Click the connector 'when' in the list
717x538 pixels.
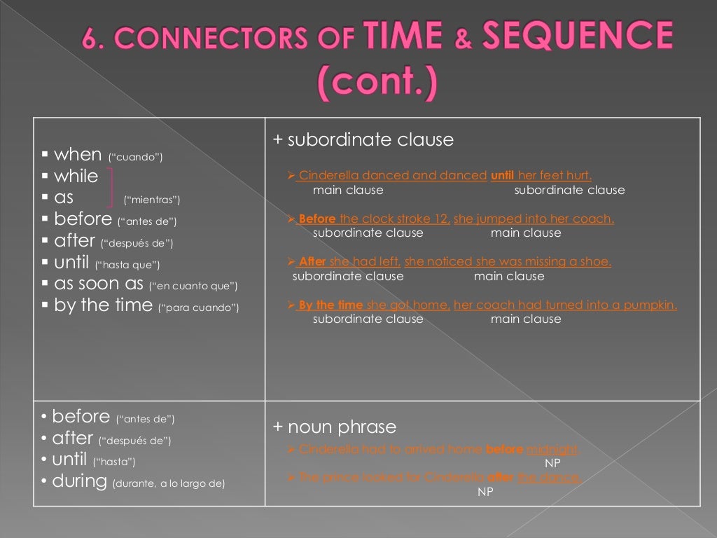pyautogui.click(x=77, y=155)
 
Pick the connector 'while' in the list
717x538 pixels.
pyautogui.click(x=76, y=177)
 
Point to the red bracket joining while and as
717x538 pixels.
pyautogui.click(x=113, y=187)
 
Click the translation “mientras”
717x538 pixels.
pyautogui.click(x=151, y=200)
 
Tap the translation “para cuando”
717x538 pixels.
pyautogui.click(x=199, y=308)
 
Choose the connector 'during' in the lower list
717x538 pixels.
pyautogui.click(x=80, y=481)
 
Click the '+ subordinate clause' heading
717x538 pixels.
pyautogui.click(x=363, y=140)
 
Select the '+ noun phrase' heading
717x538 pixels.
pyautogui.click(x=335, y=427)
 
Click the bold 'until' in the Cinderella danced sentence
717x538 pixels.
pyautogui.click(x=502, y=176)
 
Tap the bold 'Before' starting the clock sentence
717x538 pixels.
pyautogui.click(x=316, y=219)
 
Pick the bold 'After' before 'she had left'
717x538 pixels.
pyautogui.click(x=312, y=262)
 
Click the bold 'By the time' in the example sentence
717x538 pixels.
pyautogui.click(x=330, y=305)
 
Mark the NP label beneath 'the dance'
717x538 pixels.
pyautogui.click(x=485, y=492)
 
